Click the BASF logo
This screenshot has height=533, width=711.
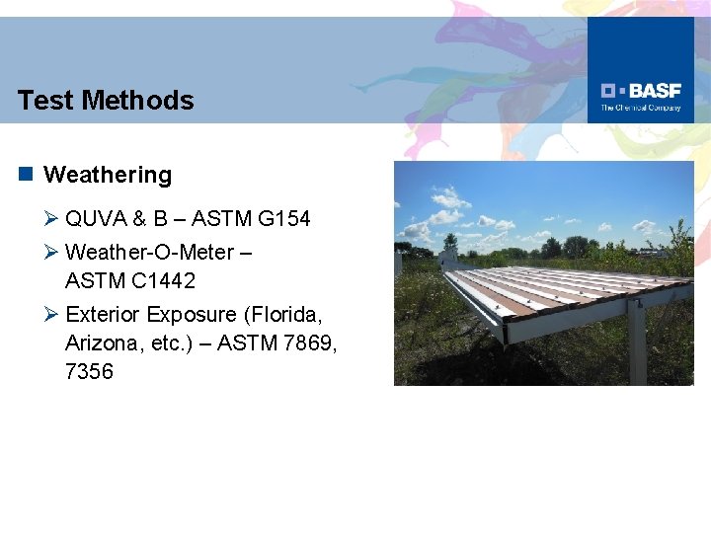click(x=641, y=90)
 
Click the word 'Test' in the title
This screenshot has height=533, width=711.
click(x=45, y=100)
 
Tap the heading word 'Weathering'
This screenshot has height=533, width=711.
click(x=108, y=175)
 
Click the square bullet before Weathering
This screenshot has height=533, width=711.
click(x=26, y=175)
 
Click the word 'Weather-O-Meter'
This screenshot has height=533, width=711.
click(x=149, y=252)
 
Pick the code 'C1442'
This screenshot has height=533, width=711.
click(x=160, y=281)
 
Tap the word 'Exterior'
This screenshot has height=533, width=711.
click(x=103, y=314)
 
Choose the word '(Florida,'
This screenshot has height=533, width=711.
click(x=281, y=314)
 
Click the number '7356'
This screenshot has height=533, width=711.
click(x=89, y=372)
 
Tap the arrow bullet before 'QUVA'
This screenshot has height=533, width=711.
click(x=52, y=219)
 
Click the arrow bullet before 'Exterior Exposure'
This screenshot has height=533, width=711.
click(x=52, y=314)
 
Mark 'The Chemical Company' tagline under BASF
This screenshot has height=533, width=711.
click(x=641, y=108)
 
